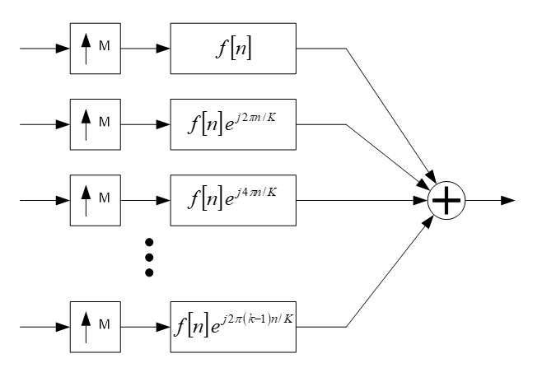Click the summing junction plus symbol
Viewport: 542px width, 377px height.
[x=446, y=200]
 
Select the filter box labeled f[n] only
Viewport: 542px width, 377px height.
[x=232, y=49]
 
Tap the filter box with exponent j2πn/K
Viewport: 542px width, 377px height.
[x=232, y=124]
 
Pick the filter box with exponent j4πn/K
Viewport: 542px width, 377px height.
[x=232, y=200]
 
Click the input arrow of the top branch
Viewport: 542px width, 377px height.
[x=45, y=49]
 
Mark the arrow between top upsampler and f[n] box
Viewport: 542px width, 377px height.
[x=147, y=49]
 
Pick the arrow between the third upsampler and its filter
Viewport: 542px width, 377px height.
[x=147, y=200]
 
